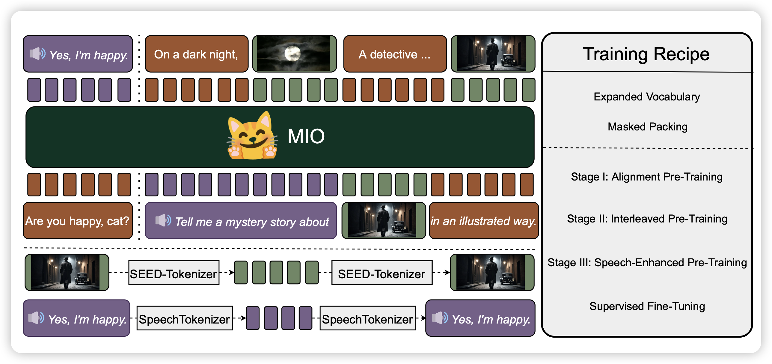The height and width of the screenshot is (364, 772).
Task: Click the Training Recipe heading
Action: (646, 54)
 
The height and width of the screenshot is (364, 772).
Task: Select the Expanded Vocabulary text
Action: (647, 97)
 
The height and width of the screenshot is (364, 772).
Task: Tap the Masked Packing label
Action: (647, 127)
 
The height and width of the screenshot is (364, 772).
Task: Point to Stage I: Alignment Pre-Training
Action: (647, 177)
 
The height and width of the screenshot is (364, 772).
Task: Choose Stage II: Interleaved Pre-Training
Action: (647, 219)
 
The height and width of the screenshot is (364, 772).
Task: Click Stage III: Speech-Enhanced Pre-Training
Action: (647, 263)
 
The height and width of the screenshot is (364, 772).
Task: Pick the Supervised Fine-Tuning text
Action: (647, 306)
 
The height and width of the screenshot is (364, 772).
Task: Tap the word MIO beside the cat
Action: (306, 136)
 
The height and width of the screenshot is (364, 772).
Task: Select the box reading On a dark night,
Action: (196, 54)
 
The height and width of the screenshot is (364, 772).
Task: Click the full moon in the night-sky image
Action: (292, 54)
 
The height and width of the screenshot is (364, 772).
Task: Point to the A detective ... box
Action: (395, 54)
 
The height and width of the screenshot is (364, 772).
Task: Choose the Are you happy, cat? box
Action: (78, 221)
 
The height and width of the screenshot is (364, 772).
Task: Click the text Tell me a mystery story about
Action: (252, 222)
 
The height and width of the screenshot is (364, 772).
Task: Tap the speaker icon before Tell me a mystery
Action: (163, 220)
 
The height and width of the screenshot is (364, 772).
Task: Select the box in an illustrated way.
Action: (483, 221)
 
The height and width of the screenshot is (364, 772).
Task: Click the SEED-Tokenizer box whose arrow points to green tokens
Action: (174, 273)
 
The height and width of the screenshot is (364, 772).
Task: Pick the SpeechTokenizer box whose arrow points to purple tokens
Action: (184, 318)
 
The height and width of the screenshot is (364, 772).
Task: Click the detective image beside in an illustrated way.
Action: (383, 220)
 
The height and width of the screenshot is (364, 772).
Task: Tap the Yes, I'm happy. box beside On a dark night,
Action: (78, 54)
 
